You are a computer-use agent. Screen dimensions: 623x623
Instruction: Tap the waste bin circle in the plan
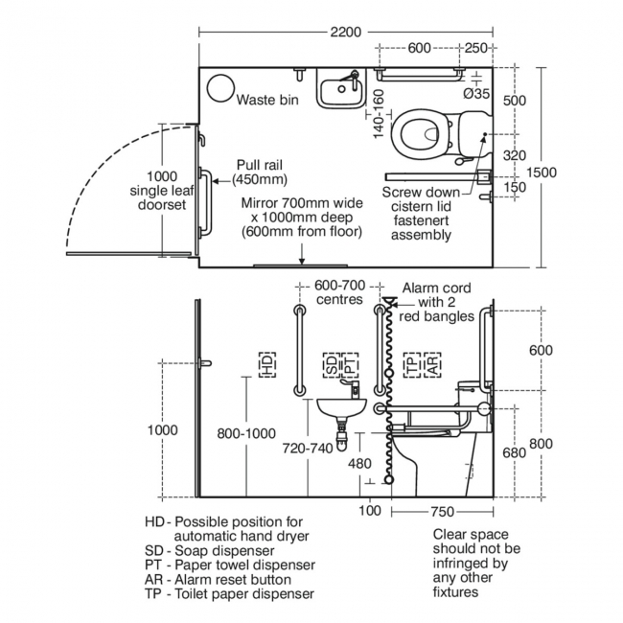pos(221,87)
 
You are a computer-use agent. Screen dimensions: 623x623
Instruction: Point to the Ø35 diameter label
pos(477,93)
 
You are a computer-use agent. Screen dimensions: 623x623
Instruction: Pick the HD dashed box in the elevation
pos(266,363)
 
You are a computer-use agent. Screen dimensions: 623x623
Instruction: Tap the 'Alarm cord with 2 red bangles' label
pos(437,301)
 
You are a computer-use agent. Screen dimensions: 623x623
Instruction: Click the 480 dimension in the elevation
pos(358,464)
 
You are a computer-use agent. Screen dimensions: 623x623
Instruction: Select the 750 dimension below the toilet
pos(443,512)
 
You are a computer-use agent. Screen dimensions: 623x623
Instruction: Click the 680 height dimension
pos(513,451)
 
